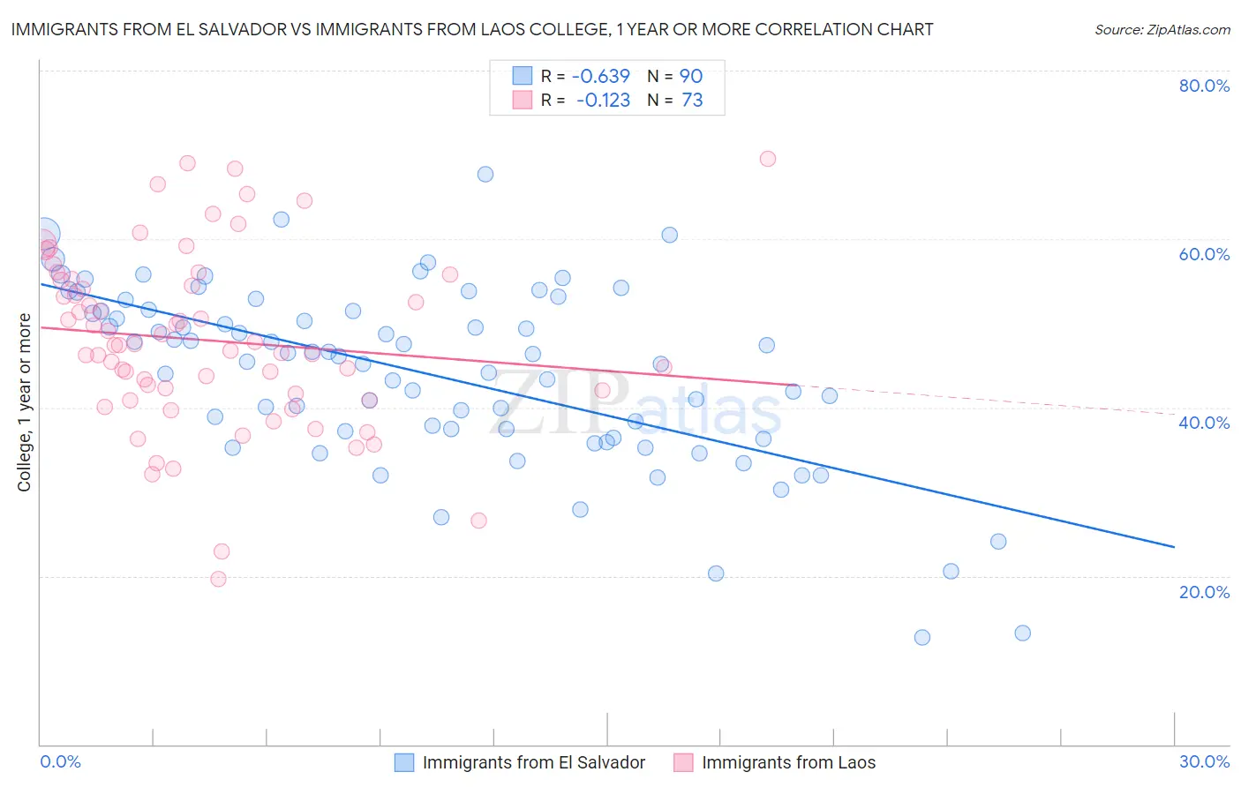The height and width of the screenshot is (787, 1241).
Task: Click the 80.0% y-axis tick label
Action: (1204, 86)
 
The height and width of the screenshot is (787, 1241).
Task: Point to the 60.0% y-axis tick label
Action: (1204, 254)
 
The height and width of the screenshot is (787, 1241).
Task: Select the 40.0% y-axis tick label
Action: (1204, 423)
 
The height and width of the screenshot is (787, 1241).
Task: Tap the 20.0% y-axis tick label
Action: (1204, 591)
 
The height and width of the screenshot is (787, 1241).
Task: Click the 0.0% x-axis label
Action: (60, 761)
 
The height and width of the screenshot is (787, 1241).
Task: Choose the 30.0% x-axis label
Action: (1204, 761)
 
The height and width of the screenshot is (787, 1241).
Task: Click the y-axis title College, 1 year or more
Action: (25, 402)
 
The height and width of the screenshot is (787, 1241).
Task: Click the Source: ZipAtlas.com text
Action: (1162, 30)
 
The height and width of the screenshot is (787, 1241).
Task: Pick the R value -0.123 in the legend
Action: (603, 101)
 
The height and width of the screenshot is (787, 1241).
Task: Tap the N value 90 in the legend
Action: (691, 76)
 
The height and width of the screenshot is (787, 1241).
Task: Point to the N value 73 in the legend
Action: (692, 101)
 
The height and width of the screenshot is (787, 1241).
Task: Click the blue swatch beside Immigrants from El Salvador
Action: (404, 762)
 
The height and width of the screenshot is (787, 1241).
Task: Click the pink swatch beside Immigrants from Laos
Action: (683, 762)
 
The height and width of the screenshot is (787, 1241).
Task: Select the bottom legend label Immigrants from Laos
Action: (788, 762)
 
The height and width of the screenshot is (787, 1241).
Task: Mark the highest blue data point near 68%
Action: (485, 174)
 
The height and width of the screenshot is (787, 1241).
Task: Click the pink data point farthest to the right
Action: (768, 159)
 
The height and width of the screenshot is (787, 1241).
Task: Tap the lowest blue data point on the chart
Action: (922, 637)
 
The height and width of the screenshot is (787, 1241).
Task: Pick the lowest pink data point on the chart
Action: (218, 579)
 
